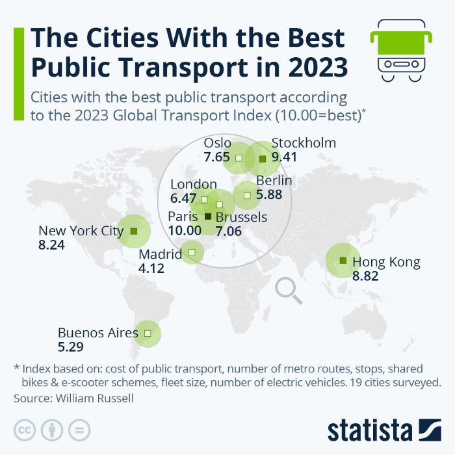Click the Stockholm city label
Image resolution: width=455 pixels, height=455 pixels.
304,143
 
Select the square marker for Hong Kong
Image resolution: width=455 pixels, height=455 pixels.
343,261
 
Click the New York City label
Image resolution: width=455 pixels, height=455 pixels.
81,230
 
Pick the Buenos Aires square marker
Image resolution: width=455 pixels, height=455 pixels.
148,333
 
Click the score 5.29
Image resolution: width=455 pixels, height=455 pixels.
71,347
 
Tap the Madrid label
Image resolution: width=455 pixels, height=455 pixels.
161,253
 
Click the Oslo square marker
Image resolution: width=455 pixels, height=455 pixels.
239,157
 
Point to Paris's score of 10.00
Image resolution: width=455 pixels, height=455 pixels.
185,230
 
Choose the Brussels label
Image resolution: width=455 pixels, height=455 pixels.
241,217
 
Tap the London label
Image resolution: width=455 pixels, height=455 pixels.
194,185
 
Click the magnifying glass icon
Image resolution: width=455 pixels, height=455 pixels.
289,291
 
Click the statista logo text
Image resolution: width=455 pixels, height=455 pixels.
370,430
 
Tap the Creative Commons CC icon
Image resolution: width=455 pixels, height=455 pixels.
24,430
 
